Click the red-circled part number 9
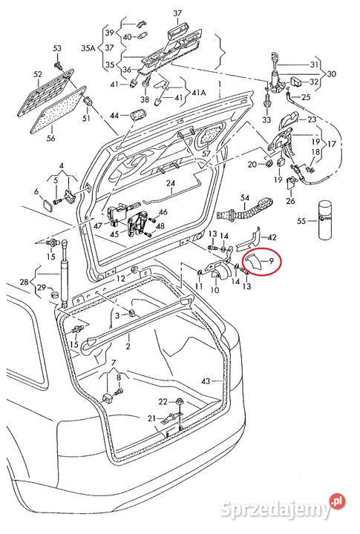pyautogui.click(x=272, y=260)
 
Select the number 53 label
pyautogui.click(x=57, y=48)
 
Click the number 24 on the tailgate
pyautogui.click(x=170, y=183)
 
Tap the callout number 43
pyautogui.click(x=206, y=381)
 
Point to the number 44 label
pyautogui.click(x=114, y=116)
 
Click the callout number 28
pyautogui.click(x=24, y=282)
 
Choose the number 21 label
pyautogui.click(x=151, y=419)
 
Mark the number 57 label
pyautogui.click(x=206, y=154)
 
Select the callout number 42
pyautogui.click(x=272, y=237)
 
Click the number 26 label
pyautogui.click(x=290, y=200)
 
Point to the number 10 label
pyautogui.click(x=215, y=290)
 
